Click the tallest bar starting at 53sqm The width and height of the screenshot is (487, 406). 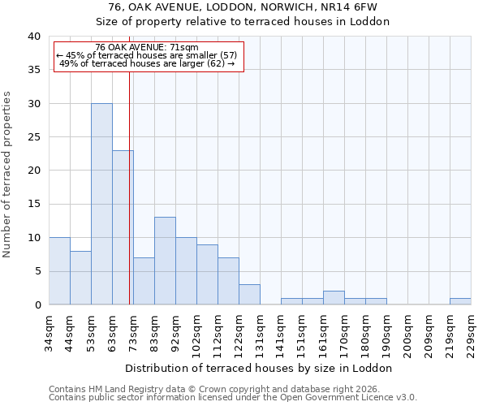pos(101,204)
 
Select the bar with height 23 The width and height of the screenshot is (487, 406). pos(123,227)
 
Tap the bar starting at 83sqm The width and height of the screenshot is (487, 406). pos(165,261)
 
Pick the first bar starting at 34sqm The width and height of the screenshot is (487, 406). pos(59,271)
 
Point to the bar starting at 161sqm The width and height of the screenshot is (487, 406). pos(334,298)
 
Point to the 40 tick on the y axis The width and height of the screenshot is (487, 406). pos(34,37)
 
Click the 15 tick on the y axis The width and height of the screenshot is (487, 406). pos(34,204)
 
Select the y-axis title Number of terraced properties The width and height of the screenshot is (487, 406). pos(8,175)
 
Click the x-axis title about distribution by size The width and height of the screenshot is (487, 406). pos(260,368)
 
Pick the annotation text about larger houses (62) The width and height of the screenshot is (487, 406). pos(147,63)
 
